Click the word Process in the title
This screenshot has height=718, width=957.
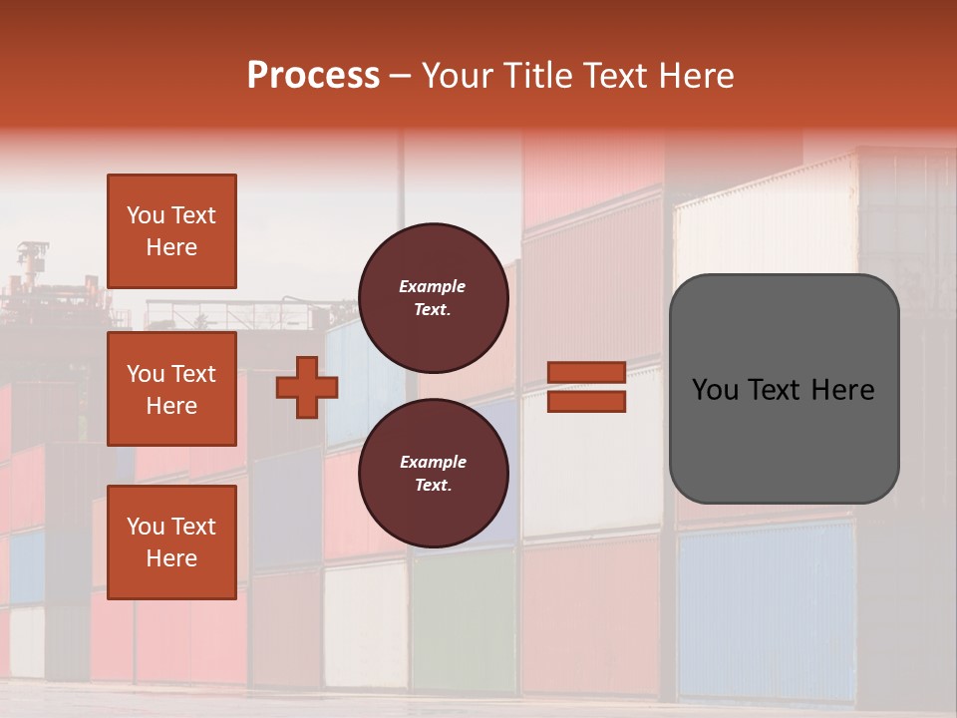[313, 75]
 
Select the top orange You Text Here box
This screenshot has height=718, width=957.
[171, 231]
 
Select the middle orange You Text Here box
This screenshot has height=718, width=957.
[171, 389]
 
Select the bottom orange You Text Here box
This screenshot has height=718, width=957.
[171, 541]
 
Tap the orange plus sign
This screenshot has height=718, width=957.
[307, 388]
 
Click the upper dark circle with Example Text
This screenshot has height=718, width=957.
[433, 297]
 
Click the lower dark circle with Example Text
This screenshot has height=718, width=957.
[433, 473]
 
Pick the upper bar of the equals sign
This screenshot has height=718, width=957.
[586, 372]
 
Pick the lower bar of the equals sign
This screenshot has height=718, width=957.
[586, 401]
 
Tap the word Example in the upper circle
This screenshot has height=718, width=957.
[433, 286]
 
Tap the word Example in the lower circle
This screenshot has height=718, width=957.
[433, 462]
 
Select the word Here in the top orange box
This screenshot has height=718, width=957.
[171, 247]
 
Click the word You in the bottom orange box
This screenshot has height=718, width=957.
[146, 526]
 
